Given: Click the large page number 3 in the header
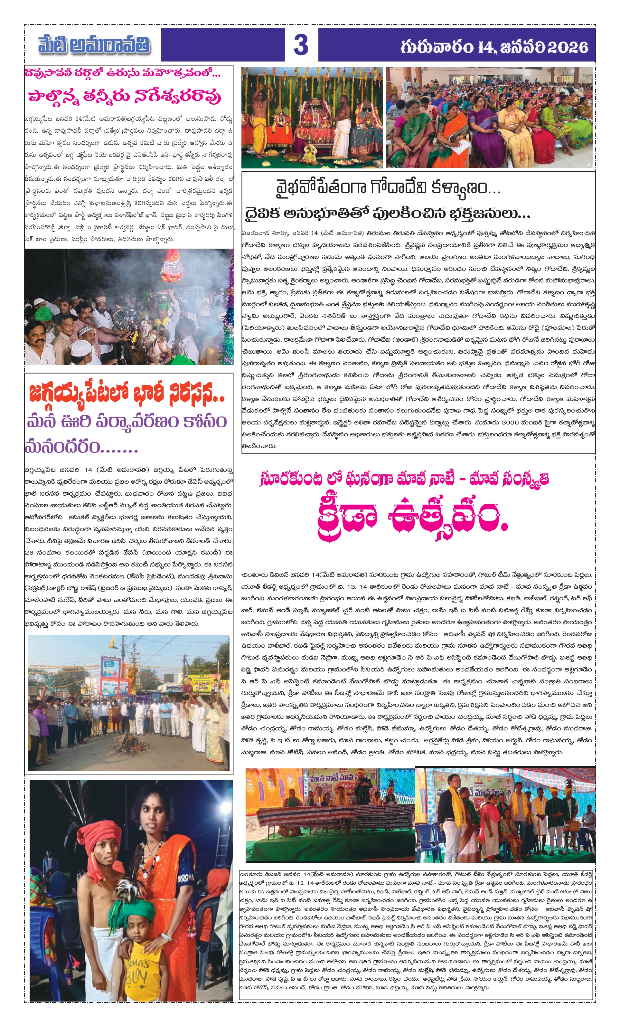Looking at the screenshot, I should coord(301,45).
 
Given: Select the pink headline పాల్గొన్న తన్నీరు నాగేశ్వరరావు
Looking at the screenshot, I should coord(124,96).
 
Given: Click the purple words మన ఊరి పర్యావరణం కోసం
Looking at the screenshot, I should coord(127,422).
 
